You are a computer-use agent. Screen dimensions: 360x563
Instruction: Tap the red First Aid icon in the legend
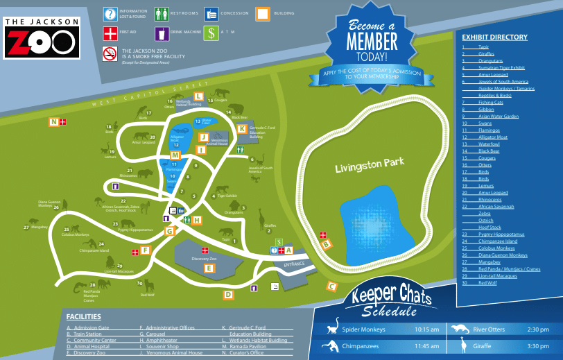coord(110,33)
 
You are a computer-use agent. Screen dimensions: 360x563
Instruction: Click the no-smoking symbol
coord(110,53)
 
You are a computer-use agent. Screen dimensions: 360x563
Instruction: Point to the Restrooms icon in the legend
coord(162,14)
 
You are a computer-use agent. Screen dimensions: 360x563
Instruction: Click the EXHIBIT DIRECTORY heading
coord(494,37)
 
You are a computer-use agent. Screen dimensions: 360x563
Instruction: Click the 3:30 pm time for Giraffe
coord(537,345)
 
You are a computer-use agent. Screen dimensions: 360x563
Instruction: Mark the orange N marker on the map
coord(53,122)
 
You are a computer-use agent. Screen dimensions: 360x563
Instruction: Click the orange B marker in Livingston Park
coord(327,243)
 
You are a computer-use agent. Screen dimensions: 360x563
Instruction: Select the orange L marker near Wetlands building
coord(199,96)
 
